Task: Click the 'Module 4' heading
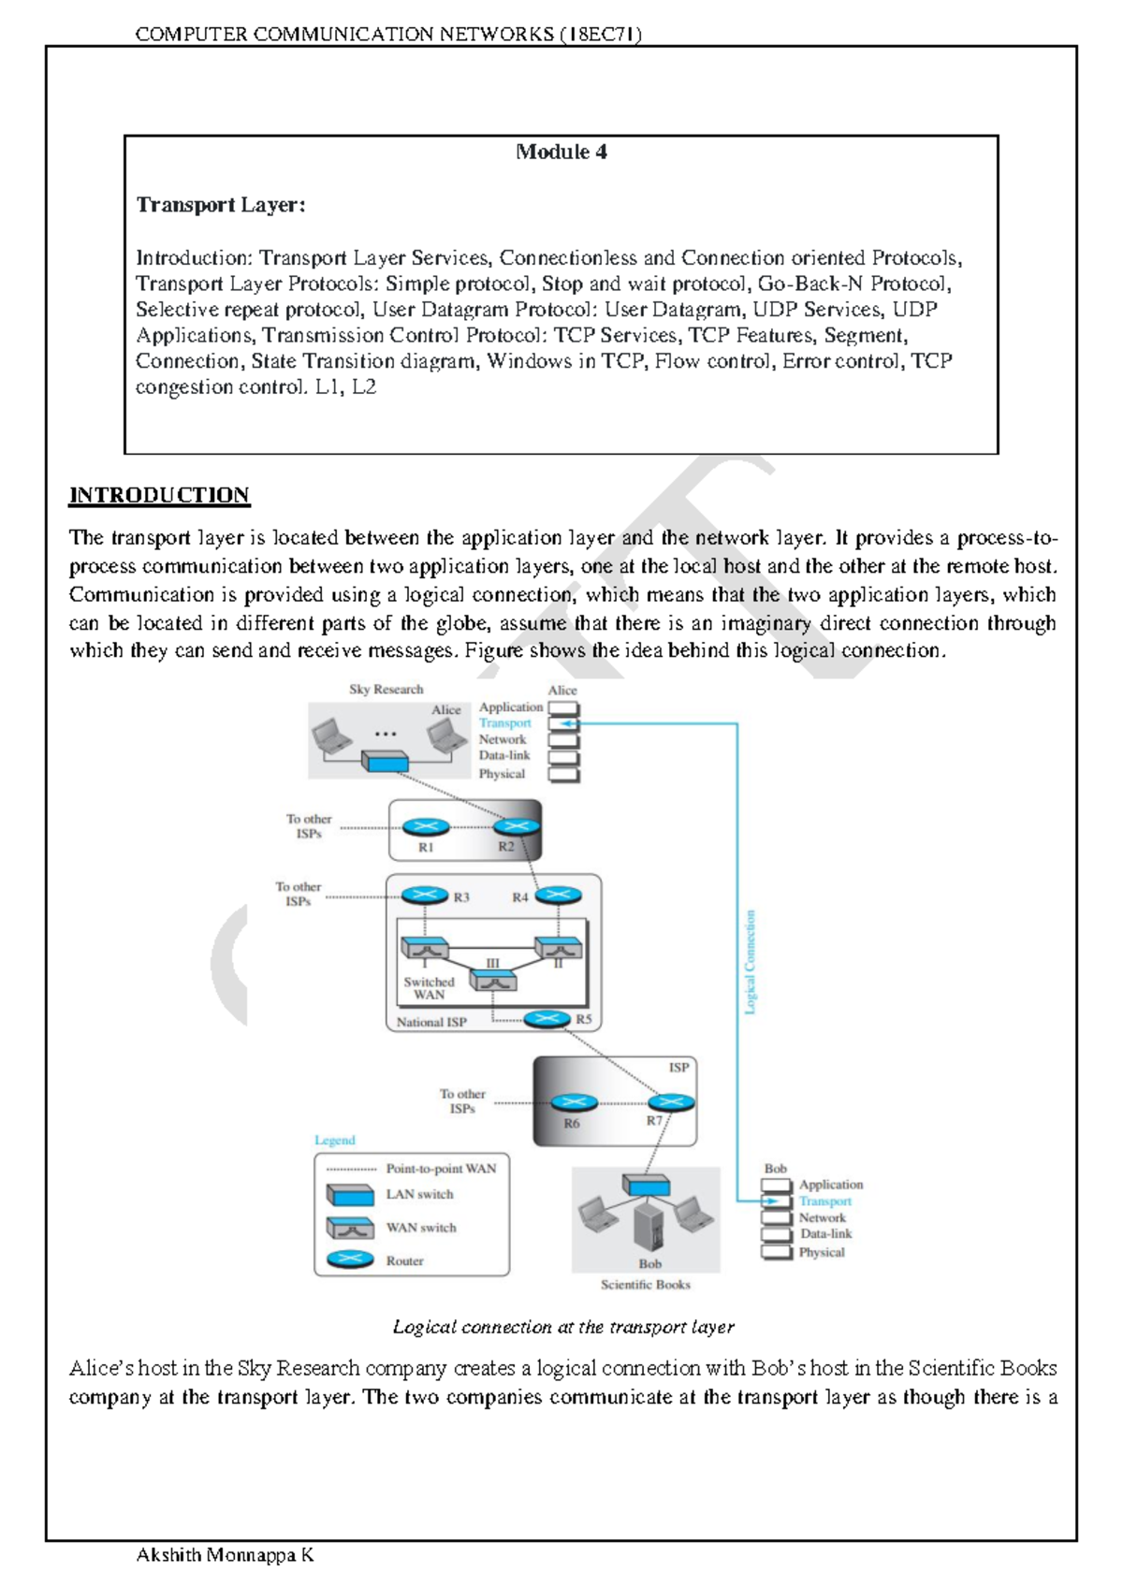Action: click(x=561, y=152)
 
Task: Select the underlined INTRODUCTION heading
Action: click(x=159, y=495)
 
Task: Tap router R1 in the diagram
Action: click(x=426, y=827)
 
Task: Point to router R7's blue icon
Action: click(x=671, y=1102)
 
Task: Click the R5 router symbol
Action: click(x=547, y=1019)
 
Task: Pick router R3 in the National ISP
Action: click(x=425, y=895)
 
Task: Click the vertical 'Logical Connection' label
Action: click(x=750, y=962)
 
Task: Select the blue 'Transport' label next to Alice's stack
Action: click(x=504, y=723)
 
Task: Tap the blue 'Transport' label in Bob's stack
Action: click(x=824, y=1201)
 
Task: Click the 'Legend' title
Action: click(x=334, y=1141)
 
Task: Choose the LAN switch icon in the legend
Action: click(x=350, y=1195)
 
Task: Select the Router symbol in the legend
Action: click(x=350, y=1259)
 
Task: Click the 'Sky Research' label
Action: click(x=386, y=690)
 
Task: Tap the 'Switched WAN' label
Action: click(x=429, y=988)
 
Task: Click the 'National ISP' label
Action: click(x=430, y=1022)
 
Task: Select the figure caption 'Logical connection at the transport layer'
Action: click(x=562, y=1327)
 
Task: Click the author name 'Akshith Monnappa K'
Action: click(x=225, y=1555)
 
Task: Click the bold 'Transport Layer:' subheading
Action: click(x=221, y=205)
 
